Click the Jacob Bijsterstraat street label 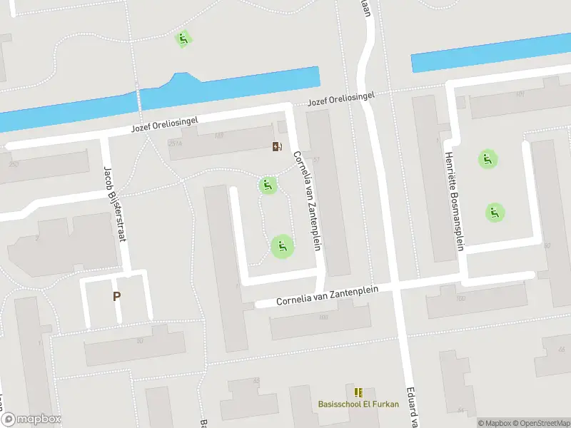point(114,204)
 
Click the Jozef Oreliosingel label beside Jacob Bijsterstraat point(165,126)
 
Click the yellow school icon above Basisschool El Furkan point(358,392)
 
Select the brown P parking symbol point(116,296)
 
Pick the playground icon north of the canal point(183,39)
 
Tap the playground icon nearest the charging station point(268,185)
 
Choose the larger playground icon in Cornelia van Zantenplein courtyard point(282,247)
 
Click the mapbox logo point(31,419)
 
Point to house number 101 point(520,93)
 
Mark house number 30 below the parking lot point(140,340)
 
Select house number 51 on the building point(316,158)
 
